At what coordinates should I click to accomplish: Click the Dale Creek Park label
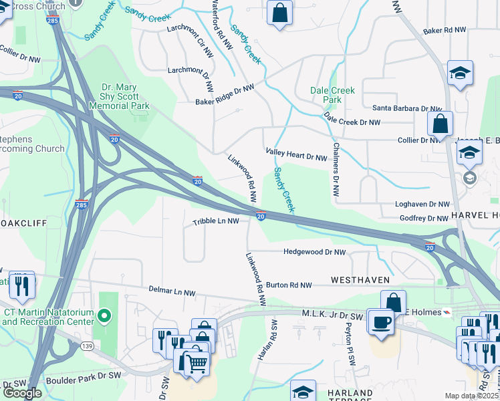pos(332,95)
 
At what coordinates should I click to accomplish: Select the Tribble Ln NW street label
pos(216,221)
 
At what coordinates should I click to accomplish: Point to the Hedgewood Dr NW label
pos(314,252)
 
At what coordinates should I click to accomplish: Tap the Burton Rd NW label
pos(289,285)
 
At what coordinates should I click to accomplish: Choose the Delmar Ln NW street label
pos(172,293)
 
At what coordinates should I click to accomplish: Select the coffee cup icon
pos(382,322)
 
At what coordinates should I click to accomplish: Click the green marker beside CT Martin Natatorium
pos(104,315)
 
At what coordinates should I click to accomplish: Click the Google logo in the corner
pos(22,393)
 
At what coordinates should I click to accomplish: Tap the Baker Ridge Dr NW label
pos(225,94)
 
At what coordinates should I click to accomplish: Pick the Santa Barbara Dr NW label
pos(406,108)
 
